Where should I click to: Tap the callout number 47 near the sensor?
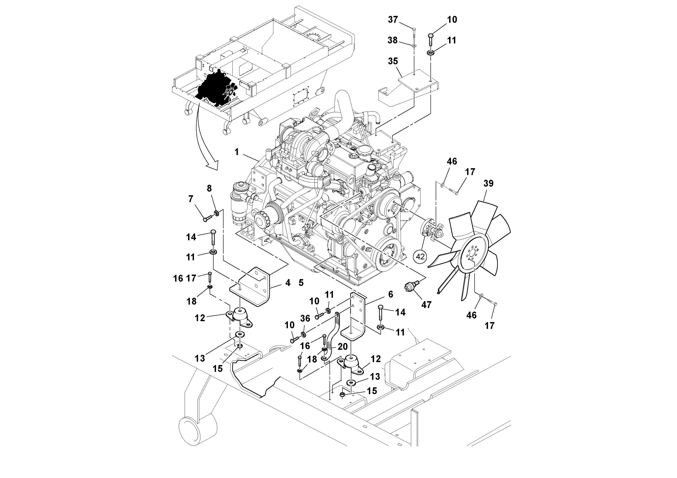[426, 305]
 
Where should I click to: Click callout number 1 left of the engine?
[237, 152]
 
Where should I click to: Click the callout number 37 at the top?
[393, 20]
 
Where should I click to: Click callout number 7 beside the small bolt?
[191, 199]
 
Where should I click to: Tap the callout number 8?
[209, 188]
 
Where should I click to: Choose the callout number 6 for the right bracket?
[391, 294]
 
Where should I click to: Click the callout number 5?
[301, 283]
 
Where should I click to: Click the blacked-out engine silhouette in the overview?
[212, 88]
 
